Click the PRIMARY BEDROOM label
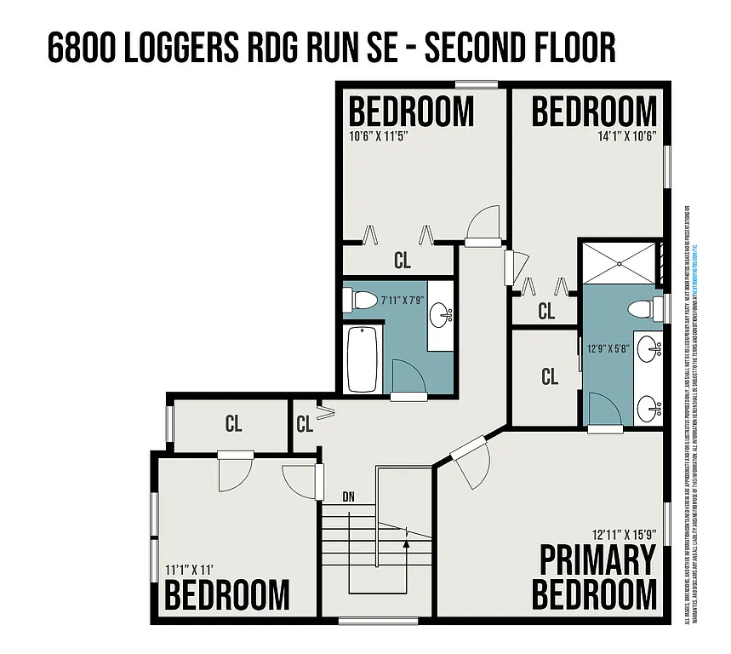(x=598, y=577)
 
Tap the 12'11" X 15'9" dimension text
(x=625, y=535)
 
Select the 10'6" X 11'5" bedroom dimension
(x=385, y=135)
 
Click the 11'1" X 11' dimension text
(x=188, y=569)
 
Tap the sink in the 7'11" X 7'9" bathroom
(x=441, y=316)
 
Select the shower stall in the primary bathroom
(x=620, y=262)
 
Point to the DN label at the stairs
(x=349, y=496)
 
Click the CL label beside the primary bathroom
(x=550, y=376)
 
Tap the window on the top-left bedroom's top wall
(x=476, y=83)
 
